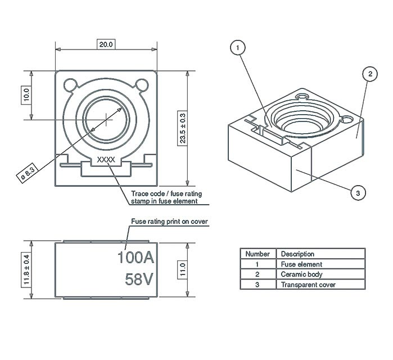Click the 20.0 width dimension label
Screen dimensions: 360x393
coord(106,44)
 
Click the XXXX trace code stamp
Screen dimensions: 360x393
coord(106,160)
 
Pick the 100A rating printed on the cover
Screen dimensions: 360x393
coord(135,258)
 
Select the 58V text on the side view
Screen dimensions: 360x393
coord(135,279)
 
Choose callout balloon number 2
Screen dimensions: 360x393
coord(368,74)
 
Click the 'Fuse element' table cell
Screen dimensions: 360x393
coord(301,264)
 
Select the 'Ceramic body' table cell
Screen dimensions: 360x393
coord(301,274)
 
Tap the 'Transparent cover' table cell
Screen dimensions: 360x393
coord(308,285)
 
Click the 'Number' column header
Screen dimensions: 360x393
coord(258,254)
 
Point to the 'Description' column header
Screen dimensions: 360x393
coord(297,254)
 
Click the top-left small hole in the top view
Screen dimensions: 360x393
coord(71,85)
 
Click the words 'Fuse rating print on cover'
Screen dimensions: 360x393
coord(170,222)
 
